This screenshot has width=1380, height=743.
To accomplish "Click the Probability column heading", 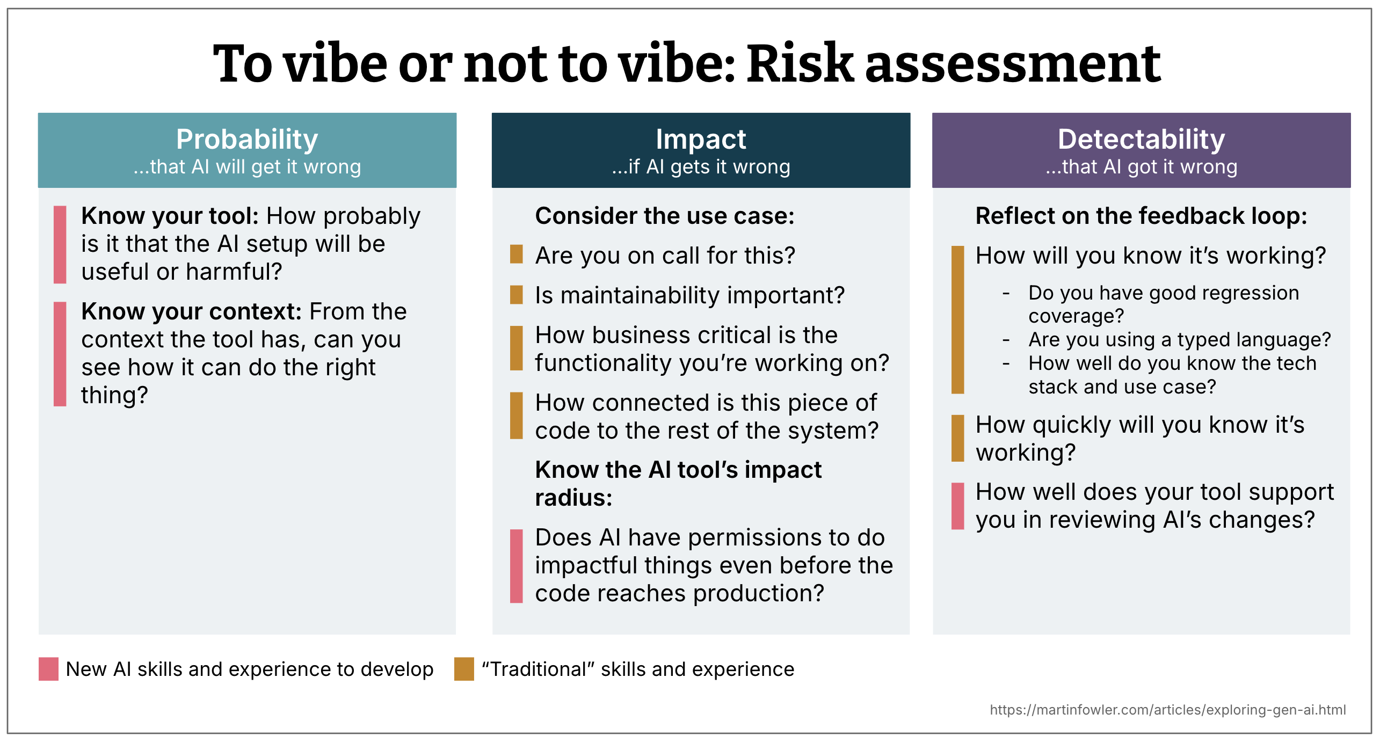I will click(x=247, y=139).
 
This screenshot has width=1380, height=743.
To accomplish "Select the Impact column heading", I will click(x=701, y=139).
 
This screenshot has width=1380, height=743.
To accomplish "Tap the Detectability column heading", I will click(x=1141, y=139).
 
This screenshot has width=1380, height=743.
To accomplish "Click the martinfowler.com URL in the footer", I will click(x=1167, y=710).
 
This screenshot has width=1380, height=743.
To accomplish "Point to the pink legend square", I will click(x=48, y=669).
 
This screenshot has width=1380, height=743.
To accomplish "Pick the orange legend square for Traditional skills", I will click(x=464, y=669).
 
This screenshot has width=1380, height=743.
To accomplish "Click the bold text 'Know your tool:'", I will click(x=170, y=216).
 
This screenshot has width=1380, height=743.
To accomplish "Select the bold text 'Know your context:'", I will click(x=191, y=311).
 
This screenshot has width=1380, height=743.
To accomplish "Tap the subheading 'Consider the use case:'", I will click(x=665, y=216).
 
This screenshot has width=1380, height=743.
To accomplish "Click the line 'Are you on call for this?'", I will click(x=665, y=256).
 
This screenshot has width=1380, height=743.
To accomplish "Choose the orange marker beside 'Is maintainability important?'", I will click(x=516, y=295).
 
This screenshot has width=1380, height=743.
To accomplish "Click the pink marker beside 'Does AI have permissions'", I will click(x=516, y=566).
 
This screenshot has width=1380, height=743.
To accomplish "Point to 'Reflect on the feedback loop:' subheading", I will click(x=1141, y=216).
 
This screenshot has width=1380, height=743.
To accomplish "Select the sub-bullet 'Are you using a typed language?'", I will click(x=1179, y=340).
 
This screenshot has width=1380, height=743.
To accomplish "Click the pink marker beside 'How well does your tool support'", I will click(x=957, y=506).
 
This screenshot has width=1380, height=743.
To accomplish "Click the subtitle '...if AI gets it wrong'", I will click(x=701, y=167).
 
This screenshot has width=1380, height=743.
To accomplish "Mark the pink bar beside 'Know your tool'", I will click(x=60, y=244).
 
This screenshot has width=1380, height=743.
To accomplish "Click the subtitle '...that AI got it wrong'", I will click(x=1141, y=167).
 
